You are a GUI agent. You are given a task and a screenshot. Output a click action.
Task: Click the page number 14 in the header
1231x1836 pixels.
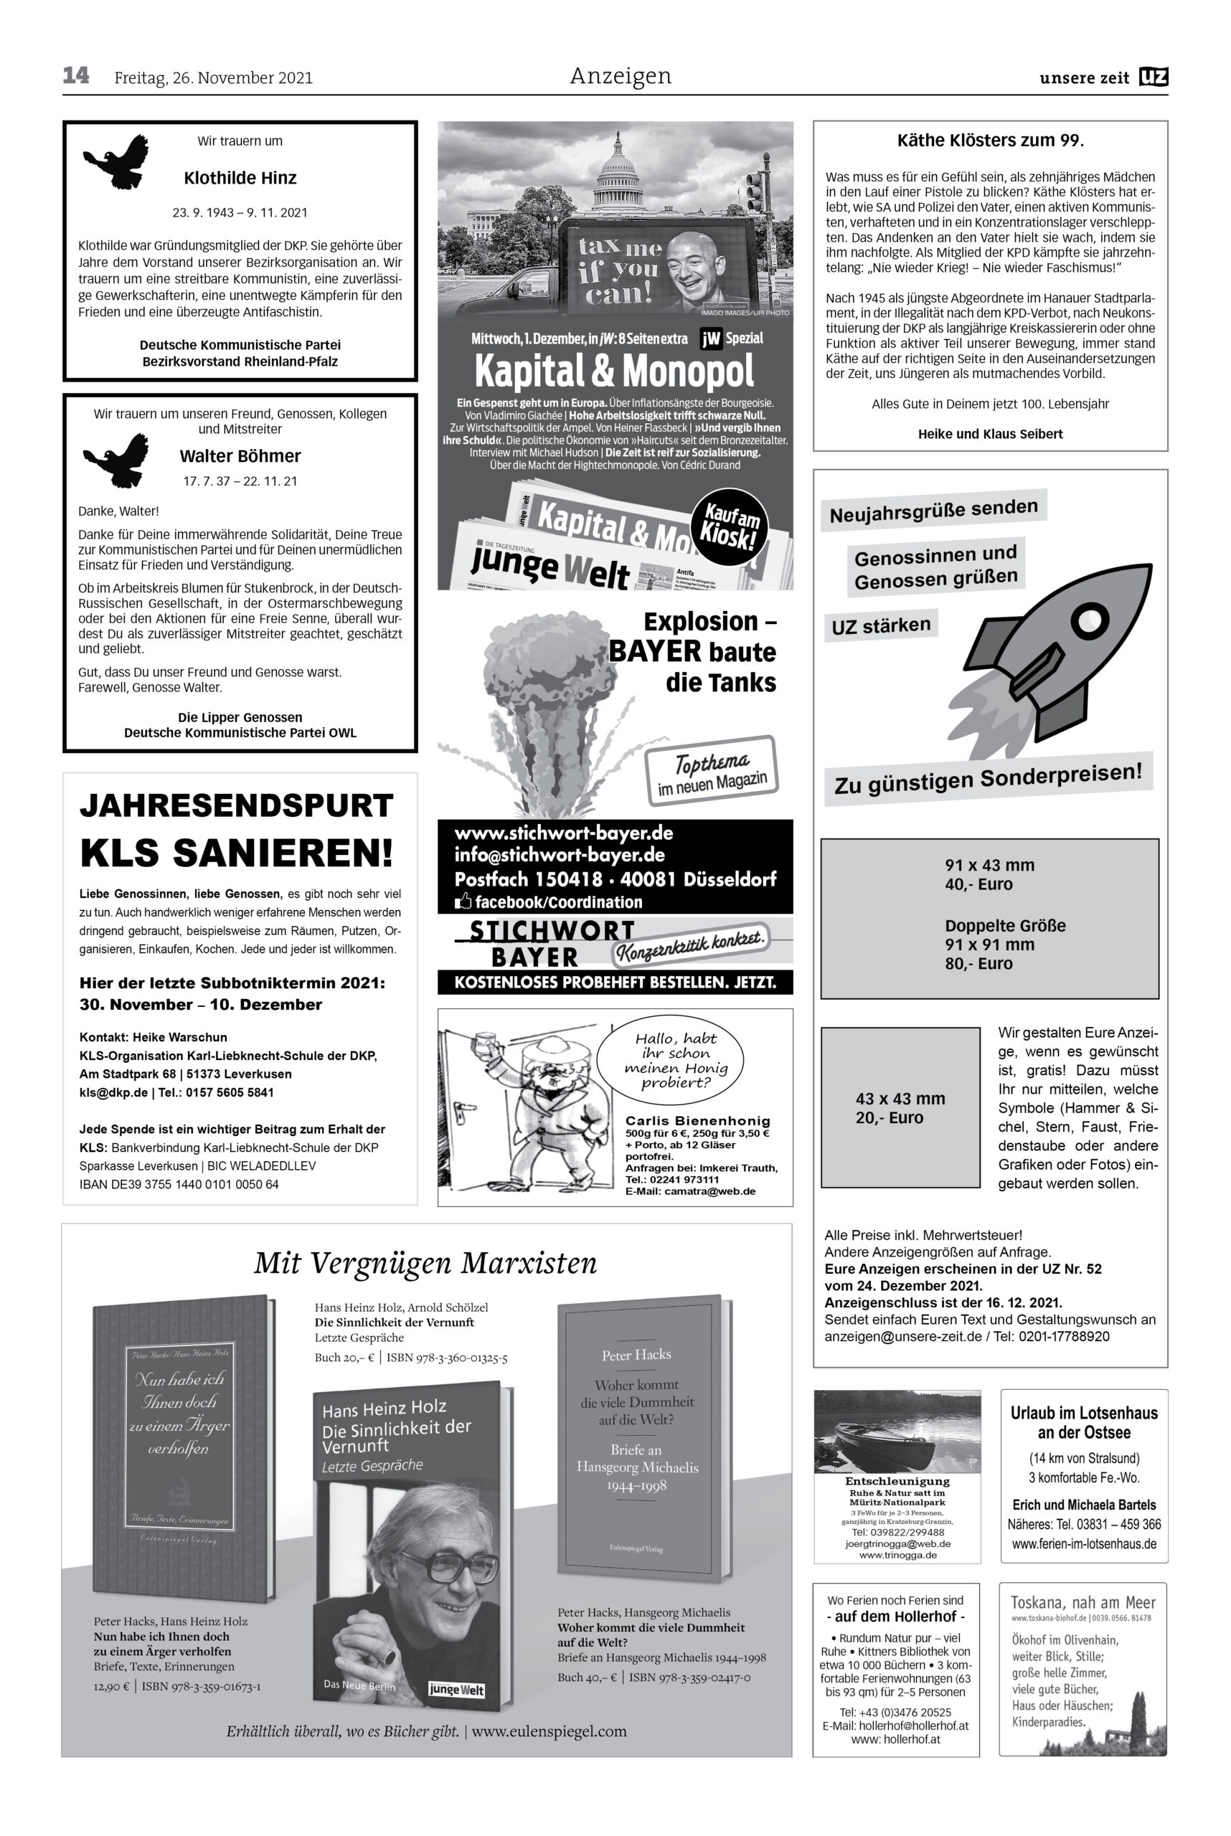coord(76,75)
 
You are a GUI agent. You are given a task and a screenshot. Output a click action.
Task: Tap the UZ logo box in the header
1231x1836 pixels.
coord(1154,77)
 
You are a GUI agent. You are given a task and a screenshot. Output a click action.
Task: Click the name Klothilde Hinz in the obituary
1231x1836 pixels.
coord(240,178)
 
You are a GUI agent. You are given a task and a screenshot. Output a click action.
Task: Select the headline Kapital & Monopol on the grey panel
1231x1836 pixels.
coord(614,372)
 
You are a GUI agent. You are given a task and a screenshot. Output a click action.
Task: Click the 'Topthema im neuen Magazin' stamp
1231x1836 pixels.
coord(710,771)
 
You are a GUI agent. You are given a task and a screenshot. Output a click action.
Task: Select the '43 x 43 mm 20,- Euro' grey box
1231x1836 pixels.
coord(900,1107)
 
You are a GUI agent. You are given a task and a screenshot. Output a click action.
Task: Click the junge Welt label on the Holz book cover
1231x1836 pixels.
coord(456,1690)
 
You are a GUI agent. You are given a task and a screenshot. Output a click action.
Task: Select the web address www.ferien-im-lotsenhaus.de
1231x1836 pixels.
coord(1083,1544)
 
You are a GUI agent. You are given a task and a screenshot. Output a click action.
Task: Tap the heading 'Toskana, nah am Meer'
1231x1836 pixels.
coord(1083,1603)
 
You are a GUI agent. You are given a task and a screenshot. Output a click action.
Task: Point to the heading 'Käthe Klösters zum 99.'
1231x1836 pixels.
coord(990,141)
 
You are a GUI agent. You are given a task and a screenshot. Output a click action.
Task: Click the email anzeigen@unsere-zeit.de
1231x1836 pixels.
coord(903,1336)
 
